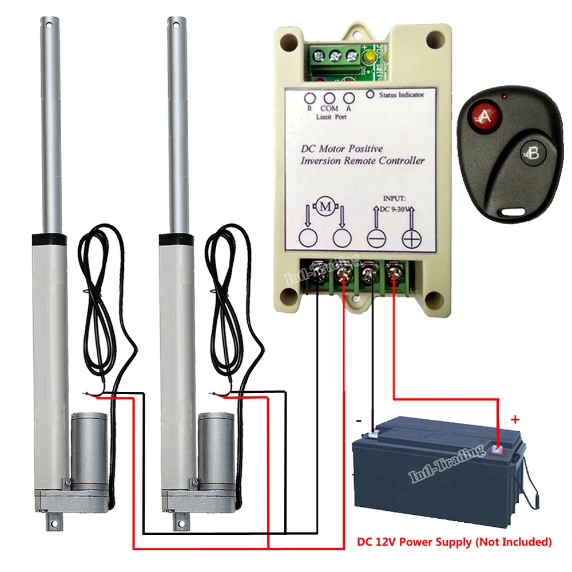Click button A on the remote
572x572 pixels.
click(484, 117)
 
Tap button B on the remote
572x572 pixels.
click(531, 153)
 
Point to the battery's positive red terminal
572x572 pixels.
click(498, 450)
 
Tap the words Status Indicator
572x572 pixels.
click(402, 95)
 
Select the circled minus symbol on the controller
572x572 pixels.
click(376, 239)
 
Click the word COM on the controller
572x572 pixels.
click(329, 108)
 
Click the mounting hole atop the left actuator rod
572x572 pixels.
click(46, 25)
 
